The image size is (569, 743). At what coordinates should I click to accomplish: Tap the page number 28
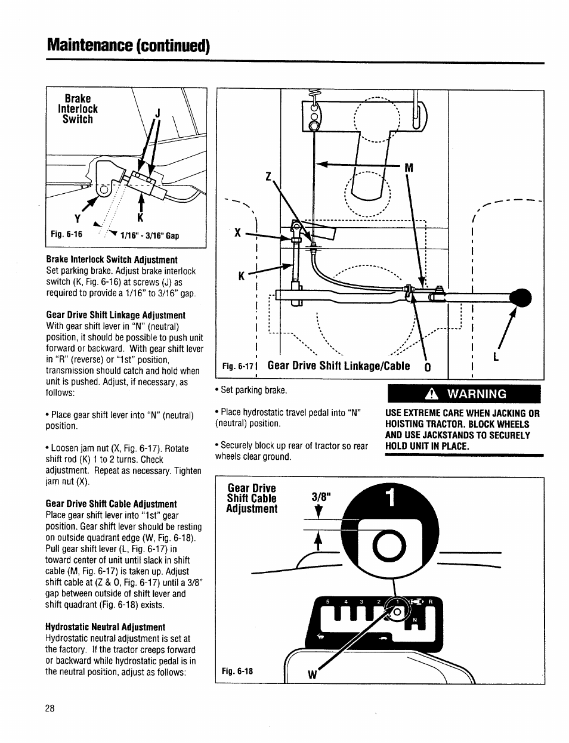(50, 708)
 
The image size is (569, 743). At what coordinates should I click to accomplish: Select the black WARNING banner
(464, 394)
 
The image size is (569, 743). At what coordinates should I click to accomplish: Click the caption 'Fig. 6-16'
(66, 235)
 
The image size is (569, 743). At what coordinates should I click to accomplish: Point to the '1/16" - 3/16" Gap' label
(150, 236)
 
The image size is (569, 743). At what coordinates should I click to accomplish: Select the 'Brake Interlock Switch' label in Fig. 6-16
(78, 109)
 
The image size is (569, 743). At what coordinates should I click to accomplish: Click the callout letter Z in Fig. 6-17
(268, 177)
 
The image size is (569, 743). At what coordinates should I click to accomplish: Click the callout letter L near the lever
(496, 357)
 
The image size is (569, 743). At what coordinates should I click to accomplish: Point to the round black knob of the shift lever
(520, 298)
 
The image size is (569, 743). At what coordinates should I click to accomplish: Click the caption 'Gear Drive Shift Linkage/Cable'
(338, 366)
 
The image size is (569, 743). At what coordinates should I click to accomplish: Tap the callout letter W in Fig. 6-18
(311, 675)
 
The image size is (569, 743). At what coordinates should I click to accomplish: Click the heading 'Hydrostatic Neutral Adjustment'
(105, 627)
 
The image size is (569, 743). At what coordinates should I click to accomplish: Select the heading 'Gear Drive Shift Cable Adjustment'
(111, 504)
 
